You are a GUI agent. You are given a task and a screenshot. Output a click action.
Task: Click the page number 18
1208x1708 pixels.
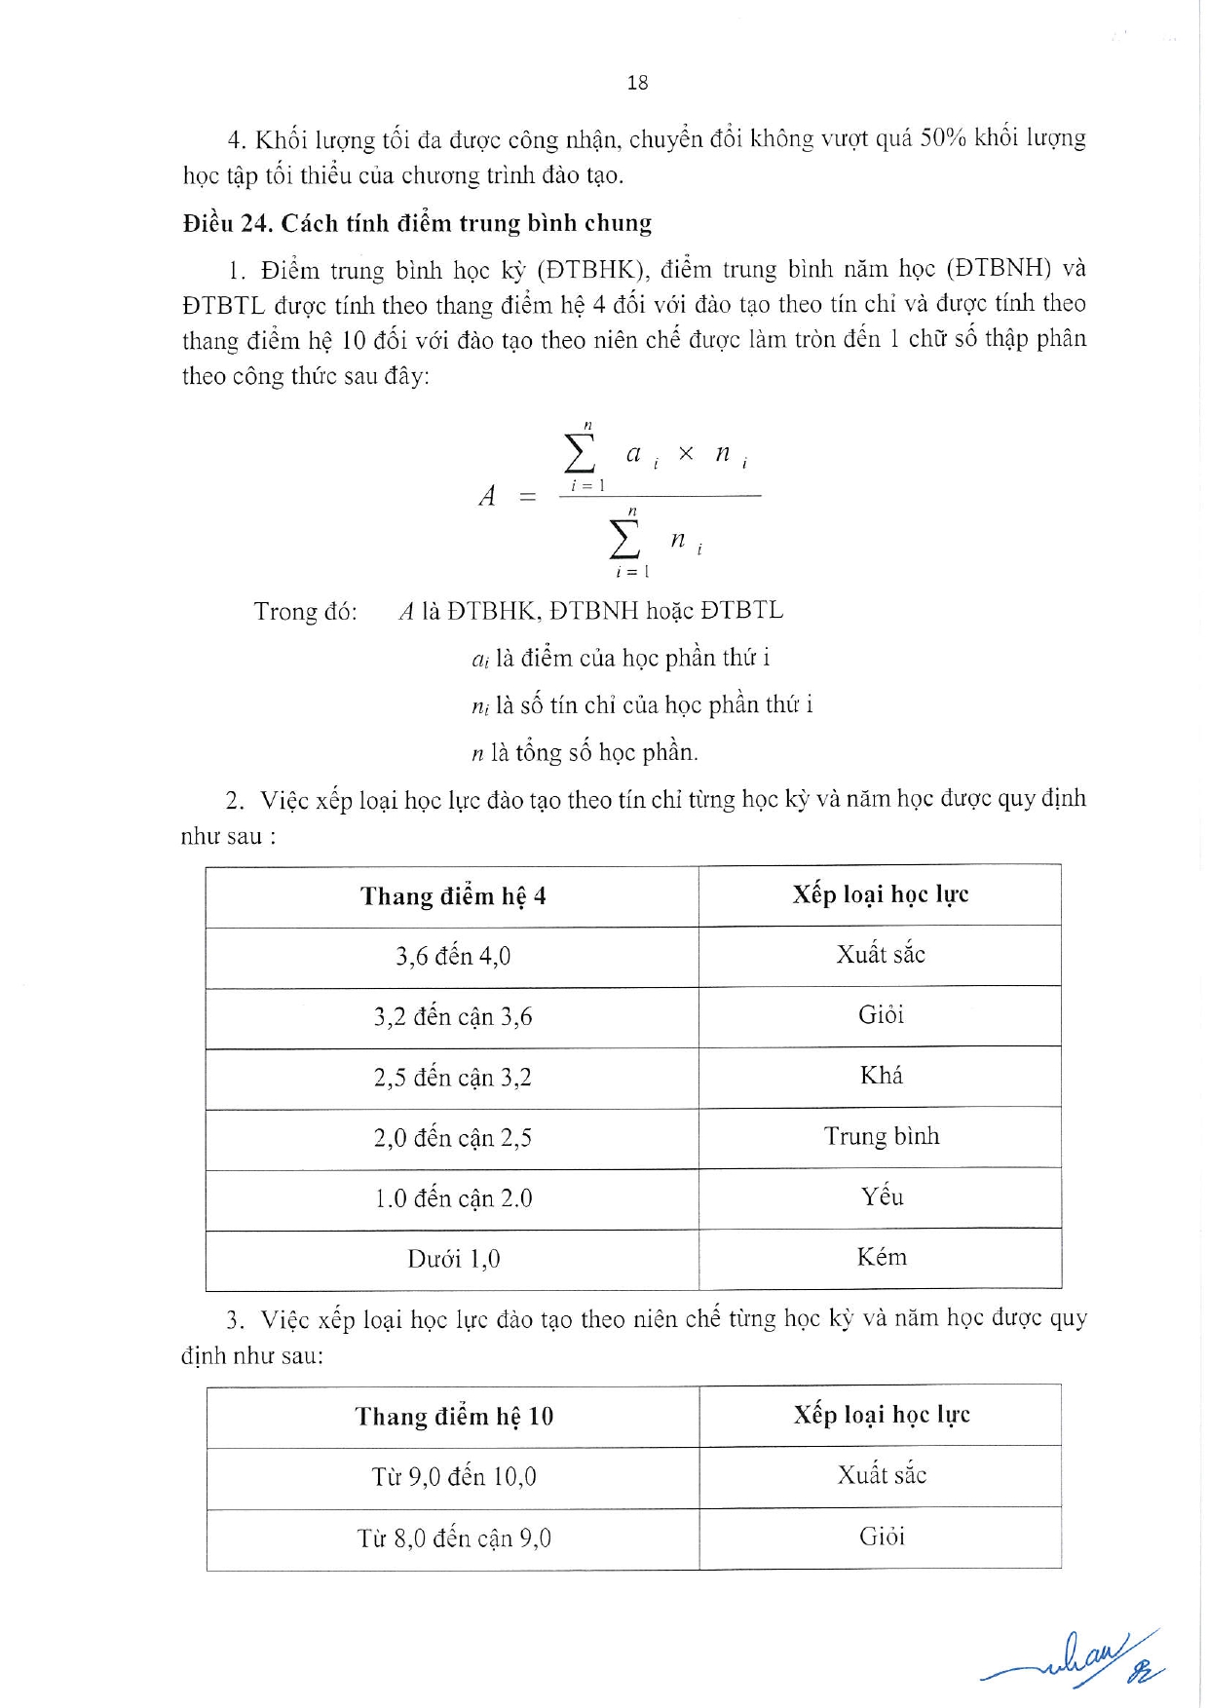[637, 83]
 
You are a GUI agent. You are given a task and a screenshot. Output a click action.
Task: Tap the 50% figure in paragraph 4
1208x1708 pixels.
[942, 138]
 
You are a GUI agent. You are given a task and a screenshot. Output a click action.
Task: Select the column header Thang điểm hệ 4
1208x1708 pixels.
[453, 895]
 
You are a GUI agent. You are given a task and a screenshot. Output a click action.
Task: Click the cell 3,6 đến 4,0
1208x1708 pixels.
[453, 956]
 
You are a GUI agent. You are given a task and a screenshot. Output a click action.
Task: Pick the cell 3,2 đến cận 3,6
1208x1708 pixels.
[453, 1016]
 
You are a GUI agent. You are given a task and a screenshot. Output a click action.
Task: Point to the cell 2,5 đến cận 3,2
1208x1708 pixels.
[453, 1077]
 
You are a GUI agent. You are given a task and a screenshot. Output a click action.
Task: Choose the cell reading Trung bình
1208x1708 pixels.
[882, 1136]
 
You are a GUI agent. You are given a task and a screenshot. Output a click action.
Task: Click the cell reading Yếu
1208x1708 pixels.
[882, 1196]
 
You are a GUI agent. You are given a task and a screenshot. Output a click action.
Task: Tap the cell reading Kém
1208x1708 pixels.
[882, 1257]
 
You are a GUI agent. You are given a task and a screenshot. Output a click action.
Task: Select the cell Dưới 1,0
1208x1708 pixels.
[454, 1259]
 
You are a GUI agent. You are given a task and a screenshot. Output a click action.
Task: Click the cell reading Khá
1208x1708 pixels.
[882, 1076]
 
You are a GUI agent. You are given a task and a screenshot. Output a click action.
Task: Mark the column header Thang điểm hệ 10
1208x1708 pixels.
[454, 1416]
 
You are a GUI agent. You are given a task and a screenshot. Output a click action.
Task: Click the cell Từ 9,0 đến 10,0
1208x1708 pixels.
[454, 1477]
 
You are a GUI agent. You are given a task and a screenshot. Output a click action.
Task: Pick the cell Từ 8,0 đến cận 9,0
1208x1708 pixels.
[454, 1538]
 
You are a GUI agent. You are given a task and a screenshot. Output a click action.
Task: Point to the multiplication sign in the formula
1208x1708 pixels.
[686, 454]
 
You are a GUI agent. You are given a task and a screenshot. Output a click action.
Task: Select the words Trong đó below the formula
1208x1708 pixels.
[305, 612]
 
